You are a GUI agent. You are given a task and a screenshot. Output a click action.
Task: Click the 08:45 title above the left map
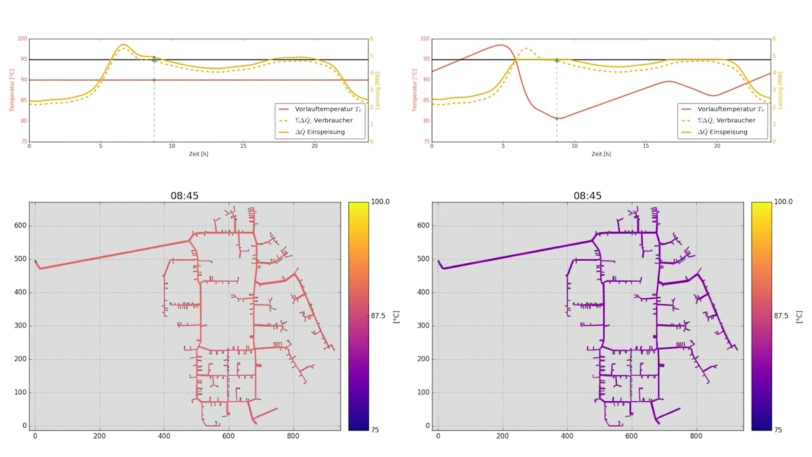click(184, 195)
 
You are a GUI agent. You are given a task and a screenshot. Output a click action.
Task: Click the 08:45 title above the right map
click(587, 195)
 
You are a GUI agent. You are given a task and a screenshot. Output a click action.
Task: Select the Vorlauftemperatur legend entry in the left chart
click(324, 109)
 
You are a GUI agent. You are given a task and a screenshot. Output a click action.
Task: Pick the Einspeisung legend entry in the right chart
click(722, 132)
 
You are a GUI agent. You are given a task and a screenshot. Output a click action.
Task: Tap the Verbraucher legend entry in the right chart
click(726, 121)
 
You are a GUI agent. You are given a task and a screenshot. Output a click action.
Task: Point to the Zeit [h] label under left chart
click(198, 154)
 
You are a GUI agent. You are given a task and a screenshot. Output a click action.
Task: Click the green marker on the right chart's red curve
click(557, 119)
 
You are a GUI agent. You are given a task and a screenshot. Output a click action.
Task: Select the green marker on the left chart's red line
click(154, 80)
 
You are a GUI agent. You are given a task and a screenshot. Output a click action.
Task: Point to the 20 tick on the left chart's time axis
click(315, 147)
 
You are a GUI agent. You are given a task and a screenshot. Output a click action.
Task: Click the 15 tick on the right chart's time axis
click(646, 147)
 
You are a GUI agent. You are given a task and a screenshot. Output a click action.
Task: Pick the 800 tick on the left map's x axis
click(293, 437)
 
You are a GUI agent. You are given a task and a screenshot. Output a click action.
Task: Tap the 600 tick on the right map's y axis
click(422, 225)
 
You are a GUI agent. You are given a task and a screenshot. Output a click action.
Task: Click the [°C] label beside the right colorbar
click(799, 316)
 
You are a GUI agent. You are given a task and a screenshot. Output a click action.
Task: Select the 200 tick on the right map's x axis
click(502, 437)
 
